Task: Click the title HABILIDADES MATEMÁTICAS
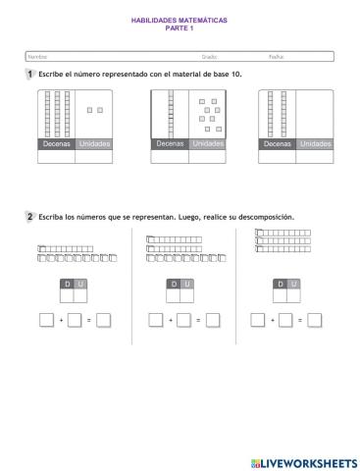pos(180,19)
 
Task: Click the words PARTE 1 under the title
pos(180,26)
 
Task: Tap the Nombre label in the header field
pos(37,57)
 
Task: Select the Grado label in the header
pos(210,57)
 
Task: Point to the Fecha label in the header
pos(277,57)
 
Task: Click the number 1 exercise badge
pos(30,75)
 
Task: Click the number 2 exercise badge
pos(30,217)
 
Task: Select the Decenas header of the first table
pos(56,144)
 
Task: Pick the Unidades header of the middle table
pos(207,144)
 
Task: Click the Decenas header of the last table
pos(278,144)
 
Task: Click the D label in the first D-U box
pos(67,284)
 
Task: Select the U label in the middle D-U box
pos(187,284)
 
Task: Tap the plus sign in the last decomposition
pos(272,320)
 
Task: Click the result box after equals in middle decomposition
pos(213,320)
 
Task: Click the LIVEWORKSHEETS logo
pos(303,460)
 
